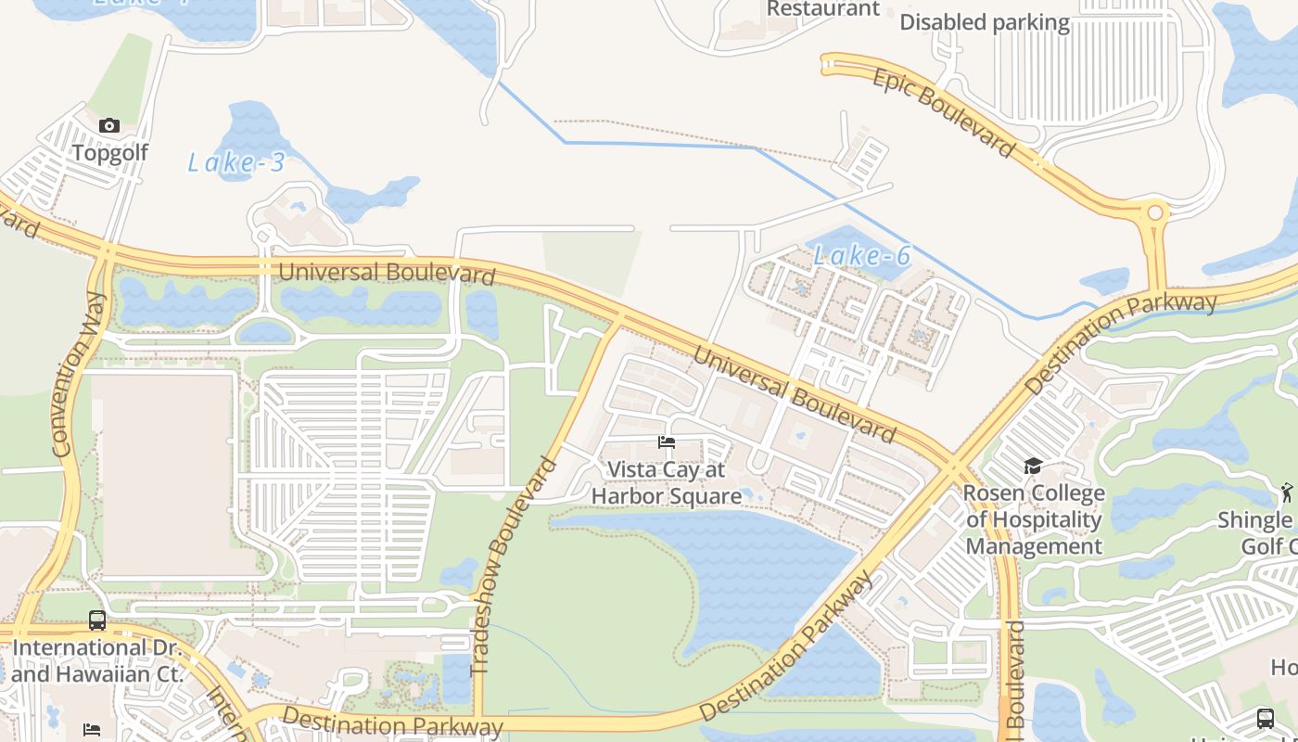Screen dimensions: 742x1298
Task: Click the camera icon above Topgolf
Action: click(x=109, y=125)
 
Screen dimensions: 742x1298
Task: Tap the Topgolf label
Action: click(x=109, y=153)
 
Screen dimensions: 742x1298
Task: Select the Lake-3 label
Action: click(x=235, y=163)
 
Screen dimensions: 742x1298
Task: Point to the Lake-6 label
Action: click(x=862, y=255)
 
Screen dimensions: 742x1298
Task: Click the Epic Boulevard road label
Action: click(x=944, y=112)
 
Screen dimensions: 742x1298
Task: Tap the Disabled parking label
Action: click(x=985, y=22)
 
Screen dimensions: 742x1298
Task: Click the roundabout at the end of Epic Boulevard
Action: click(x=1155, y=212)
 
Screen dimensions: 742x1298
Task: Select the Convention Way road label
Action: click(x=78, y=374)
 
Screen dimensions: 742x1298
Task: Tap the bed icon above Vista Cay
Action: click(x=667, y=442)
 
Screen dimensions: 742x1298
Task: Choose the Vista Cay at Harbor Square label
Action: click(x=666, y=483)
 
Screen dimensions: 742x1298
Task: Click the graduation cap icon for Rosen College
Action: click(x=1033, y=466)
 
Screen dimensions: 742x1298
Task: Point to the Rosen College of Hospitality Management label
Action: click(x=1034, y=519)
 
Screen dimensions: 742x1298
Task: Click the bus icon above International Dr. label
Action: click(x=97, y=620)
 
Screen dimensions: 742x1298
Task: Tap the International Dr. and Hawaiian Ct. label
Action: click(x=97, y=660)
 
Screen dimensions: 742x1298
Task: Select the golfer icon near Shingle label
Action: click(x=1286, y=492)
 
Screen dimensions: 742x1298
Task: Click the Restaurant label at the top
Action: click(x=823, y=9)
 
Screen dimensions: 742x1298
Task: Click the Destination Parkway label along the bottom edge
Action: click(x=392, y=722)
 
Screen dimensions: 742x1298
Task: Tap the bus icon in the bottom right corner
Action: click(x=1266, y=718)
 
